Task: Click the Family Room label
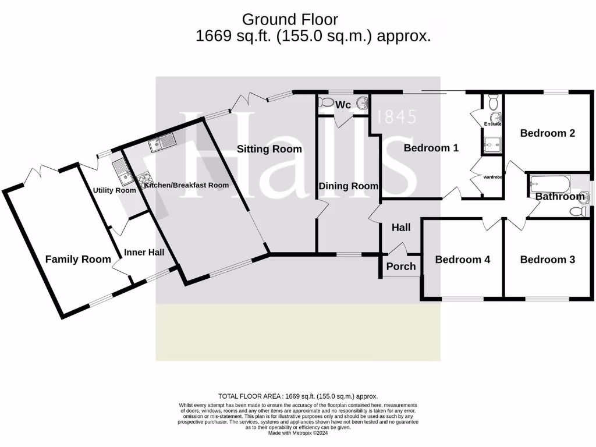(78, 260)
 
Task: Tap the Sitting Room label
(269, 149)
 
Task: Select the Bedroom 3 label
(547, 260)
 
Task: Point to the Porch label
(401, 267)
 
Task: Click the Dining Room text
(348, 186)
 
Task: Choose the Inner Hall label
(144, 253)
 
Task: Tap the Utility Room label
(114, 190)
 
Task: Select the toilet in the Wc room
(325, 103)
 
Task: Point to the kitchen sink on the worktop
(162, 141)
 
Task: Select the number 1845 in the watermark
(397, 117)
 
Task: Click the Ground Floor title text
(289, 20)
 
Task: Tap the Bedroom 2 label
(547, 133)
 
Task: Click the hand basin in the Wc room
(363, 104)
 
